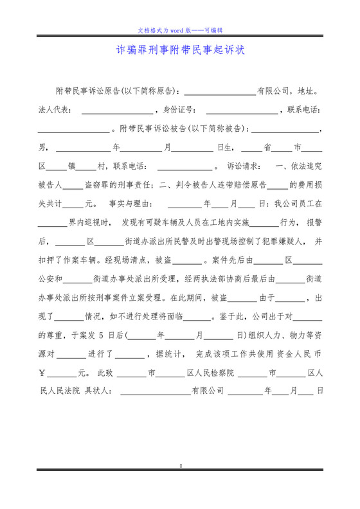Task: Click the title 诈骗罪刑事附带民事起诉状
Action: [x=180, y=50]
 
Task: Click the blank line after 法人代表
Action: [x=117, y=111]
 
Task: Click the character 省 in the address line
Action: [x=268, y=147]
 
